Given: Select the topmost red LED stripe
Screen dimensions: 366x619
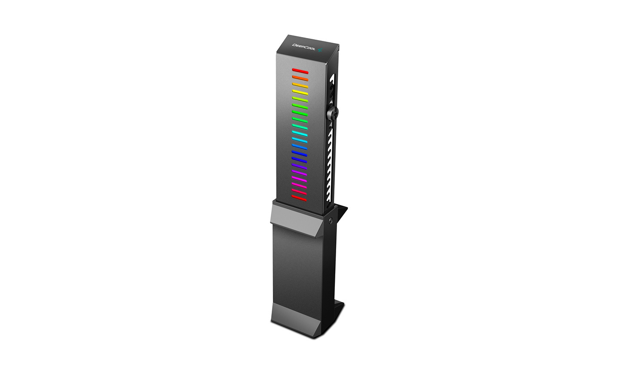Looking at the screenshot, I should click(x=300, y=71).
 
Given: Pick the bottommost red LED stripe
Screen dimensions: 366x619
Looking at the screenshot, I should click(x=299, y=198).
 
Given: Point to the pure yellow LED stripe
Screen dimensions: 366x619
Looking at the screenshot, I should click(x=300, y=93).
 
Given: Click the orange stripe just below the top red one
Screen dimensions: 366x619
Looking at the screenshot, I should click(x=300, y=78).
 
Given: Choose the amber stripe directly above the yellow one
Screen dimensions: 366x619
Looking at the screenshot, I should click(x=300, y=85).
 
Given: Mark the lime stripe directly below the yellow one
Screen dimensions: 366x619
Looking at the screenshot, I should click(x=300, y=99).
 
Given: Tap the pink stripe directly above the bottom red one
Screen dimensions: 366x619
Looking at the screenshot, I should click(x=299, y=191).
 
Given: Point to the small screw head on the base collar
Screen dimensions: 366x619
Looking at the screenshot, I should click(x=330, y=221).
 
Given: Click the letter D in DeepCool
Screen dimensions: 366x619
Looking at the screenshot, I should click(x=294, y=44).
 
